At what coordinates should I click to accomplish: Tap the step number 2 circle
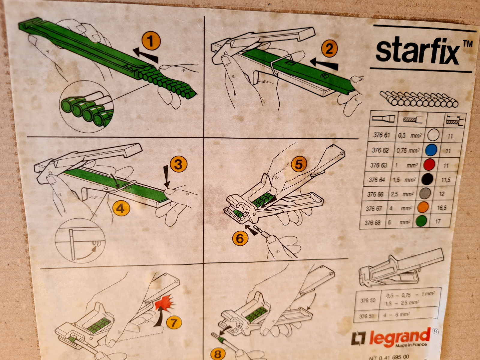pyautogui.click(x=329, y=49)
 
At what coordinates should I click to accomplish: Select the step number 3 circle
pyautogui.click(x=178, y=164)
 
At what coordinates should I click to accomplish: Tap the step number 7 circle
pyautogui.click(x=174, y=322)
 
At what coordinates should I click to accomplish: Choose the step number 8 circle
pyautogui.click(x=217, y=354)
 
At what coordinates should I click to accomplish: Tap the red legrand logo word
pyautogui.click(x=400, y=338)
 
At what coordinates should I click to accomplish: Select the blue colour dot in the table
pyautogui.click(x=431, y=150)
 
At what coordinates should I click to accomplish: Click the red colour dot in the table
pyautogui.click(x=429, y=165)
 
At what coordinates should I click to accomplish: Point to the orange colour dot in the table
pyautogui.click(x=423, y=207)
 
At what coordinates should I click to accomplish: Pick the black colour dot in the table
pyautogui.click(x=427, y=179)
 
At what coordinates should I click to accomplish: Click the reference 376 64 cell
pyautogui.click(x=377, y=180)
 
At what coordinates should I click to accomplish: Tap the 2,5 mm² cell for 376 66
pyautogui.click(x=402, y=194)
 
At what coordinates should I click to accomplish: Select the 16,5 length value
pyautogui.click(x=442, y=208)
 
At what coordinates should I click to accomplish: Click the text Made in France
pyautogui.click(x=411, y=345)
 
